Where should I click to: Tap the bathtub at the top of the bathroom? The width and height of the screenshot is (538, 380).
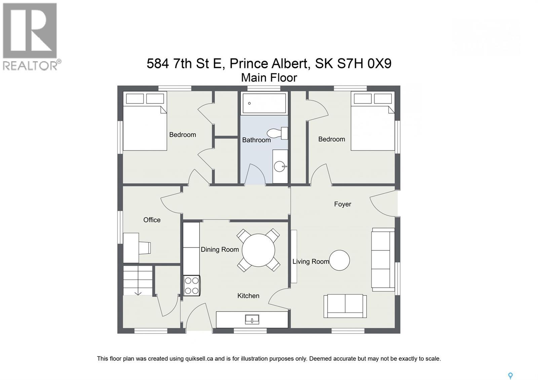pos(264,104)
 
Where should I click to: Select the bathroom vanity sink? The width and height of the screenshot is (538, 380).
pos(280,166)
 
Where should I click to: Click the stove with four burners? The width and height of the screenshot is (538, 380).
pos(192,286)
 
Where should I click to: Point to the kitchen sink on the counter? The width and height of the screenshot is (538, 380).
pos(252,319)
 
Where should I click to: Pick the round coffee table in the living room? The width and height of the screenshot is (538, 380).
pos(339,260)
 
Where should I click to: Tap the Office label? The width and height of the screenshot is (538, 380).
pos(152,220)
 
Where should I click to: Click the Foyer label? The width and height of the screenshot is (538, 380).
pos(342,204)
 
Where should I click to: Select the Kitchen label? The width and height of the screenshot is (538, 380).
pos(248,296)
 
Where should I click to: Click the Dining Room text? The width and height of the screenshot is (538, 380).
pos(220,250)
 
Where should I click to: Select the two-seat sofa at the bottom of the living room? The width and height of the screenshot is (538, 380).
pos(345,306)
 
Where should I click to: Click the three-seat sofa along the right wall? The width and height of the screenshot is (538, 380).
pos(383,259)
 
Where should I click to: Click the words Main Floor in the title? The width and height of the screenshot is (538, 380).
pos(269,78)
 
